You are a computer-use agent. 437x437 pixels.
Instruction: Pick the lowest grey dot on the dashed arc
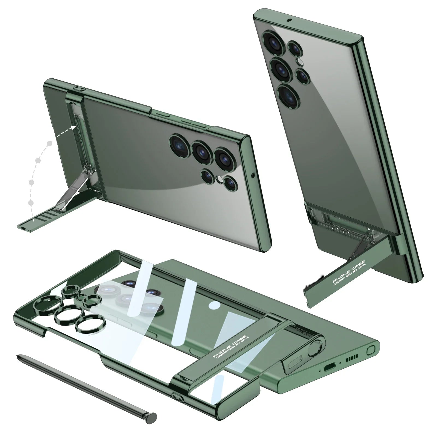pos(31,202)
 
